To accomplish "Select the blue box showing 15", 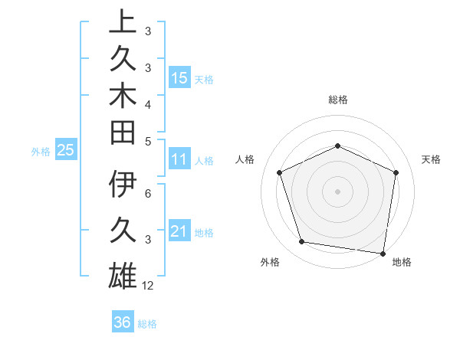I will click(x=179, y=77).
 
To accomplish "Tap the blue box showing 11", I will click(x=179, y=159).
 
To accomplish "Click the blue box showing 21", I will click(x=179, y=231).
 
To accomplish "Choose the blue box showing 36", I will click(x=123, y=322).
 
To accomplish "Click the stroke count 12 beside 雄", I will click(x=148, y=286).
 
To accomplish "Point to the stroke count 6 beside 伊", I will click(x=148, y=195).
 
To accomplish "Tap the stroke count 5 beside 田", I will click(x=148, y=141).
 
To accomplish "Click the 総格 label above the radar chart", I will click(x=337, y=100).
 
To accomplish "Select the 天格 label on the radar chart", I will click(x=432, y=159).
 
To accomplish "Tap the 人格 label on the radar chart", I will click(x=245, y=159).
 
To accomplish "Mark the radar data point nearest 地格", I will click(x=383, y=253).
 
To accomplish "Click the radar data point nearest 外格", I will click(x=302, y=242).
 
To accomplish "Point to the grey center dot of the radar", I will click(x=337, y=191).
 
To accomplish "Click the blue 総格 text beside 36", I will click(x=147, y=323).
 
